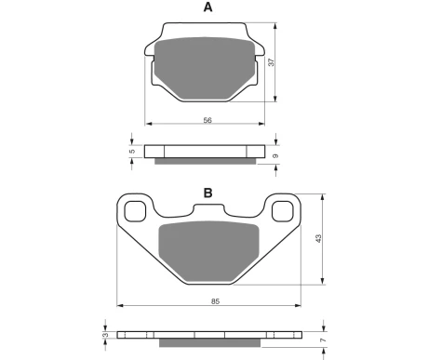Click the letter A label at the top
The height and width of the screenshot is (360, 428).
[x=207, y=7]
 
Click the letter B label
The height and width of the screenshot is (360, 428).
[x=207, y=193]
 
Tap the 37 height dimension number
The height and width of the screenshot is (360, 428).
[x=272, y=62]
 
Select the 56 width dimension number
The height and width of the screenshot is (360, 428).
[x=207, y=120]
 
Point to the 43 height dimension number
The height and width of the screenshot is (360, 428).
[x=318, y=238]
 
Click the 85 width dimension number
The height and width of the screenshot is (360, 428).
[x=215, y=301]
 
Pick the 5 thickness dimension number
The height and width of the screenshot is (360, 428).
[x=132, y=152]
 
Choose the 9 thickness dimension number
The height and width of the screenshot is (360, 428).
[x=275, y=156]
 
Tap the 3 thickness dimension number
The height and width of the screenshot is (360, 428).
[x=106, y=335]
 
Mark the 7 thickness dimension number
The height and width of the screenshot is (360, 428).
[x=324, y=340]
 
